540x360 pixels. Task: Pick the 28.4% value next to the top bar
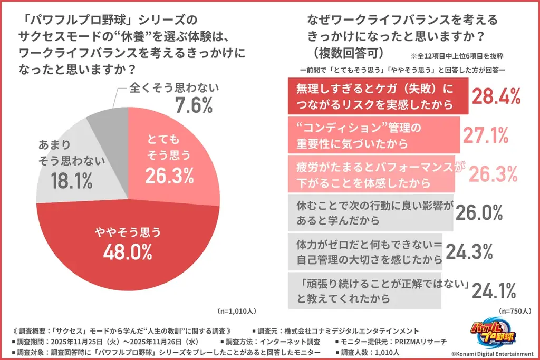(x=496, y=96)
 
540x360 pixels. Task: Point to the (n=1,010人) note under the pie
(x=237, y=310)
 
